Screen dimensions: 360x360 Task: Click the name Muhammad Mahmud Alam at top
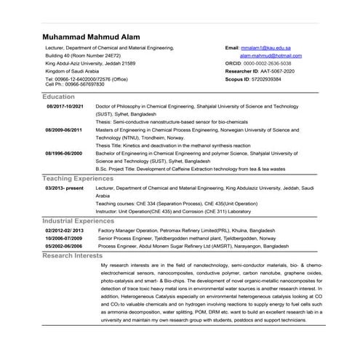point(90,36)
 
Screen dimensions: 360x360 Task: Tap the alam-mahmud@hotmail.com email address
point(270,55)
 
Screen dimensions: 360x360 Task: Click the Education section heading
point(58,97)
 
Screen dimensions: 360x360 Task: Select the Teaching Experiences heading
point(78,178)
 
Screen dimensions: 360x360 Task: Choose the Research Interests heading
point(73,256)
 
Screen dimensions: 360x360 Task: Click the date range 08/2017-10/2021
point(65,106)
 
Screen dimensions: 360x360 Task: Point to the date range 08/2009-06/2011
point(65,129)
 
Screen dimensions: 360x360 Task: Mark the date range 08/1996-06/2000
point(65,153)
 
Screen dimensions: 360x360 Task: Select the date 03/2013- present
point(64,188)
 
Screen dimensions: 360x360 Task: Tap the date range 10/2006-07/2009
point(64,238)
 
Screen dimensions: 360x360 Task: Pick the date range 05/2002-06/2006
point(64,246)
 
